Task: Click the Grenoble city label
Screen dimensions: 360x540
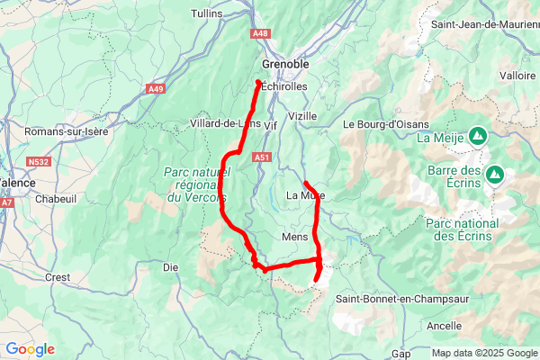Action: point(285,65)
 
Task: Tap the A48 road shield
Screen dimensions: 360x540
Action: point(261,33)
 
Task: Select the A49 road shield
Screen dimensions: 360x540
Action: point(156,88)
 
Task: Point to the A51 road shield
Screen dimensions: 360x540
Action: point(263,157)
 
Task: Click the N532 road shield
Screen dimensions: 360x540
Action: point(38,162)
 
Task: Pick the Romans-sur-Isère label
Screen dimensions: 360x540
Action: point(67,131)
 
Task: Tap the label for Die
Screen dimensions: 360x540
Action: point(170,266)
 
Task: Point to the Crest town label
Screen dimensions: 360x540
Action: point(57,278)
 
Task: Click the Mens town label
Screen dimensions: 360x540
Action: point(295,237)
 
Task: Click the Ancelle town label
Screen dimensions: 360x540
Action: point(445,326)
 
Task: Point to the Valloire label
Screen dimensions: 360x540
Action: point(517,76)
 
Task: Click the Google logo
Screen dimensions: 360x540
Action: point(30,349)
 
